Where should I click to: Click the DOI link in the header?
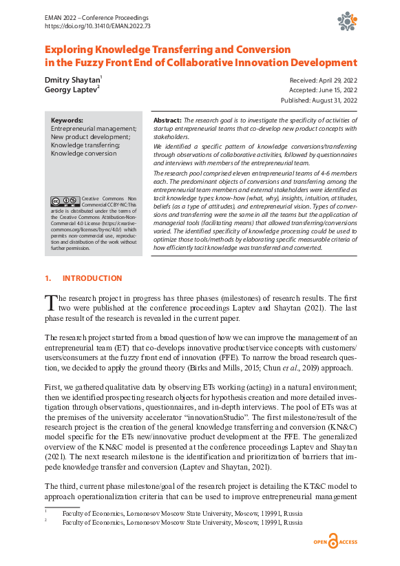coord(97,25)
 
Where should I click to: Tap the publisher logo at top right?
coord(346,21)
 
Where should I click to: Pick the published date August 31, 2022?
coord(319,101)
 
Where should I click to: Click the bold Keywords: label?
coord(67,119)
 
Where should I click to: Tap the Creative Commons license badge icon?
coord(65,202)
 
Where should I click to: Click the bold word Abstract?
coord(167,119)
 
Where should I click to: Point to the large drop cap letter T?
coord(50,303)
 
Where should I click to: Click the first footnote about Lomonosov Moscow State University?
coord(182,513)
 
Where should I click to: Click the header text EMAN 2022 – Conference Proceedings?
coord(96,16)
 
